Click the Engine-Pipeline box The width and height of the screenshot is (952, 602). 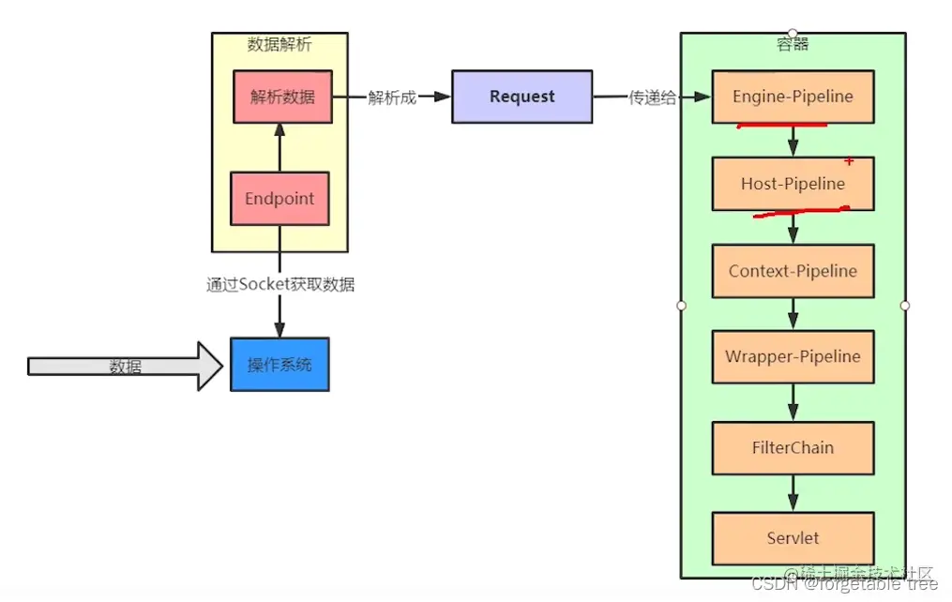click(793, 97)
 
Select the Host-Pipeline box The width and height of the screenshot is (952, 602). click(793, 184)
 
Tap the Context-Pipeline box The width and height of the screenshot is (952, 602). click(793, 271)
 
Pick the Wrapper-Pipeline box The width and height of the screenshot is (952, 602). click(793, 357)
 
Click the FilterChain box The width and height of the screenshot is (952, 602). click(793, 447)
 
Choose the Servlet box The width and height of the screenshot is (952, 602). click(793, 538)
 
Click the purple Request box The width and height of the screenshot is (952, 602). click(521, 97)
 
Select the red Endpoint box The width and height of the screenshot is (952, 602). click(280, 199)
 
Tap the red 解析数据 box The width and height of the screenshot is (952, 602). click(282, 97)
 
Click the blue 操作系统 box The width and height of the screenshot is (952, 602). click(280, 364)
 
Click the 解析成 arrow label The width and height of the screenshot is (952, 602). click(391, 98)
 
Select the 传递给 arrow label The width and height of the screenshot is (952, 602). click(652, 98)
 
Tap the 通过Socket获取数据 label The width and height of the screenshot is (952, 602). click(280, 284)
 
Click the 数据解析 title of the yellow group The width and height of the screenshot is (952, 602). click(280, 44)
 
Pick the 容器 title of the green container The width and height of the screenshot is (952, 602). click(793, 44)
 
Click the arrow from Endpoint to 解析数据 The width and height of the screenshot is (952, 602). click(280, 147)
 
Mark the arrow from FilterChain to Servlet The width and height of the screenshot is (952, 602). click(793, 492)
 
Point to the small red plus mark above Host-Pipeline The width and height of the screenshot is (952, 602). click(849, 162)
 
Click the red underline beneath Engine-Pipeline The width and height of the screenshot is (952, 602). click(780, 126)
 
